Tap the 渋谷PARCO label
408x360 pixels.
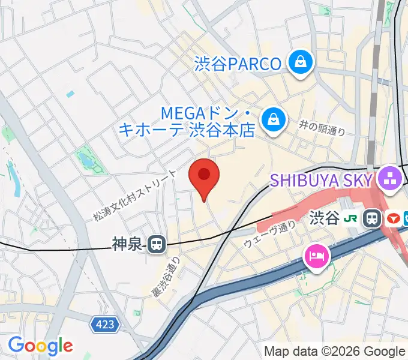pos(238,64)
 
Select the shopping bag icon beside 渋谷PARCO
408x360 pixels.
pos(298,62)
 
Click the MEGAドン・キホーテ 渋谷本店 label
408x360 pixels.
pos(187,121)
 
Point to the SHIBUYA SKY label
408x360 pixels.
pos(322,179)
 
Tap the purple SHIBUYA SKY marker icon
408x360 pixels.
pos(389,179)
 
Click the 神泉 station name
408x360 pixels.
pos(128,244)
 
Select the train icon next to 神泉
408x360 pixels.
pos(157,244)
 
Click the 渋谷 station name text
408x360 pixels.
pos(325,218)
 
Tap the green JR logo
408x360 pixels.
pos(353,218)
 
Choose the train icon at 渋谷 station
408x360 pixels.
pos(374,218)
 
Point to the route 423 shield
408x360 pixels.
pos(106,325)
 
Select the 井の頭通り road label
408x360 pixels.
pos(322,127)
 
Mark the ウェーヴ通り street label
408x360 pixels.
pos(270,234)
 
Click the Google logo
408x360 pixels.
pos(40,346)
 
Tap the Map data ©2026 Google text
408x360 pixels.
pos(335,351)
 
